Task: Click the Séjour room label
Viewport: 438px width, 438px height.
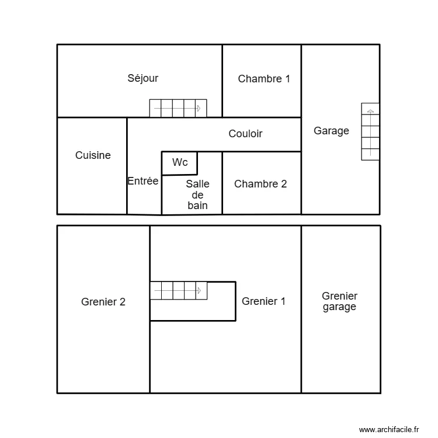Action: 143,78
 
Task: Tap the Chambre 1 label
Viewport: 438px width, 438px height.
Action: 264,79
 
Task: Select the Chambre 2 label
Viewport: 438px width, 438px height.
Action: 260,184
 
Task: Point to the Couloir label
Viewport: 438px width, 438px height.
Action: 245,134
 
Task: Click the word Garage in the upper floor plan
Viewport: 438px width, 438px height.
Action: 331,131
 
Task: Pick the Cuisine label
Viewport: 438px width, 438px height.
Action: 93,155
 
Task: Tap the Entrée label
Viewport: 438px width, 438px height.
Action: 143,181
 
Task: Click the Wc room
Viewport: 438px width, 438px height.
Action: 180,163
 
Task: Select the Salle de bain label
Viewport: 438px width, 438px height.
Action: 197,194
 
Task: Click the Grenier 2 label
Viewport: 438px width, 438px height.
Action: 103,302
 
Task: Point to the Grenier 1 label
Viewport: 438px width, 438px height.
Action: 263,301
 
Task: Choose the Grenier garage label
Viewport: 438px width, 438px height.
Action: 339,301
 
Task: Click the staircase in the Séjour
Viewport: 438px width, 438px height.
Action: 178,108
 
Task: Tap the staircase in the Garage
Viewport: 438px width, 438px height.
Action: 370,131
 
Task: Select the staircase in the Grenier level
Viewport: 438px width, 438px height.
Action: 178,290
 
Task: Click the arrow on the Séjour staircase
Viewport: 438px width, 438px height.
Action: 199,108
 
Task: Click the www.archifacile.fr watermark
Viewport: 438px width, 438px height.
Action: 389,429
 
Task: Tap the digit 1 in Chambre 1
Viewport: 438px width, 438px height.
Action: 287,79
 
